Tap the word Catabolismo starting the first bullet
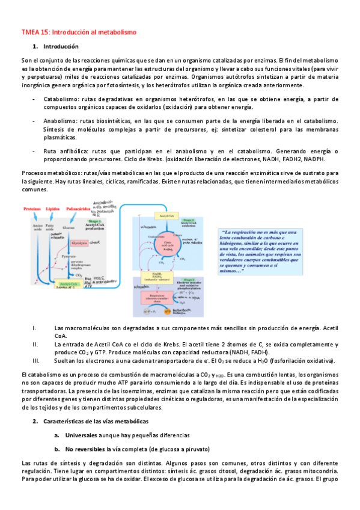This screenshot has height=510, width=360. click(x=62, y=99)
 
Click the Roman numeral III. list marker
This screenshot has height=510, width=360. click(x=37, y=360)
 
